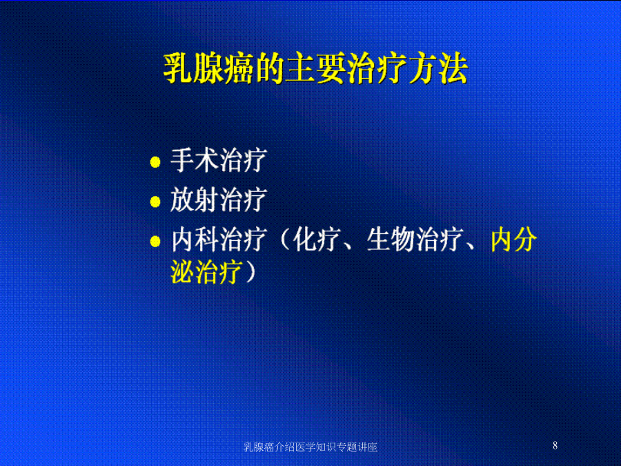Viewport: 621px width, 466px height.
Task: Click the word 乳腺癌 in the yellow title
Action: click(x=208, y=68)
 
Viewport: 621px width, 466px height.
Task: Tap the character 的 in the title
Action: click(x=269, y=68)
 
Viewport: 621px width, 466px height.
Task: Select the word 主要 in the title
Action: click(x=315, y=68)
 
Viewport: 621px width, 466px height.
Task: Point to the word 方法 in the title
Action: click(x=438, y=68)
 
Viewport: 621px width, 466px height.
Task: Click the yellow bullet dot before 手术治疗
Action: click(x=155, y=162)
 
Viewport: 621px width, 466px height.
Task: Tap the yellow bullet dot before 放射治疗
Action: click(x=155, y=202)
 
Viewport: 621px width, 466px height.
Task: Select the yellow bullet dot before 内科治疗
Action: click(x=155, y=242)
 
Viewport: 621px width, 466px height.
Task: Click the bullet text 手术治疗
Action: click(x=218, y=160)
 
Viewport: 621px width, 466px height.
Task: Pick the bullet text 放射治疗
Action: click(x=218, y=200)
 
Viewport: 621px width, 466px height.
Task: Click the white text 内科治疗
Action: click(x=218, y=240)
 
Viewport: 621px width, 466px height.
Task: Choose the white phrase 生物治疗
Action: click(x=414, y=240)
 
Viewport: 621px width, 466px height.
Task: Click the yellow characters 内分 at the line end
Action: click(x=513, y=240)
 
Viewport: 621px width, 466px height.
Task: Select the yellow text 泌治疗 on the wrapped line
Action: click(x=206, y=272)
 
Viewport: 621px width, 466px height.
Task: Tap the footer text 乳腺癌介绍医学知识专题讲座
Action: click(x=310, y=447)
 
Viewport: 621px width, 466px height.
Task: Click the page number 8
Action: click(x=555, y=445)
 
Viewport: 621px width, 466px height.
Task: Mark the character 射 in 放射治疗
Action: click(x=207, y=200)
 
